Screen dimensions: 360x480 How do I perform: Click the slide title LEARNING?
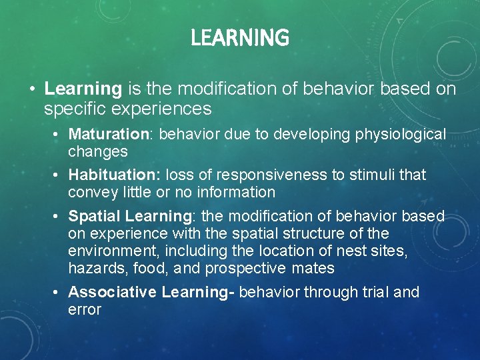tap(240, 38)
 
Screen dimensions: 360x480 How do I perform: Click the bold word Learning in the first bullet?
tap(83, 89)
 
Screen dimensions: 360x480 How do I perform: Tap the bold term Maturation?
tap(110, 134)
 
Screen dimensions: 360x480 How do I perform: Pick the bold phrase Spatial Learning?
tap(130, 216)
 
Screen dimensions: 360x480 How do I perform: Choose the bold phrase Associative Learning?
tap(151, 292)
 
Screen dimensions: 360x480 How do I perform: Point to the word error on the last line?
tap(85, 309)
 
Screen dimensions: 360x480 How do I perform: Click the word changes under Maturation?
tap(97, 151)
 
